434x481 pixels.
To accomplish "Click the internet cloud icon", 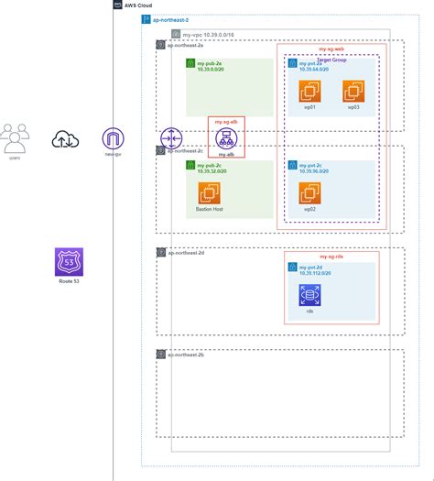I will coord(65,138).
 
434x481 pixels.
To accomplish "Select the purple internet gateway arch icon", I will coord(113,138).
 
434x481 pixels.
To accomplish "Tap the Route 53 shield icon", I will coord(68,260).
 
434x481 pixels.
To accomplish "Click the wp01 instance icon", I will coord(310,91).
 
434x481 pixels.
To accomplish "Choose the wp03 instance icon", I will coord(353,91).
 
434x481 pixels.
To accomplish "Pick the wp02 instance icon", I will coord(310,193).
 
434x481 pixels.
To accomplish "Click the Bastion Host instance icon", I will coord(211,193).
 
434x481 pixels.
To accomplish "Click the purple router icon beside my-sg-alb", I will coord(172,138).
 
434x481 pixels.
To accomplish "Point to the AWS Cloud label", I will coord(138,5).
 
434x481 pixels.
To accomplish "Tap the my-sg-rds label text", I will coord(331,257).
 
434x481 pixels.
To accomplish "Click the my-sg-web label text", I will coord(331,49).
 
